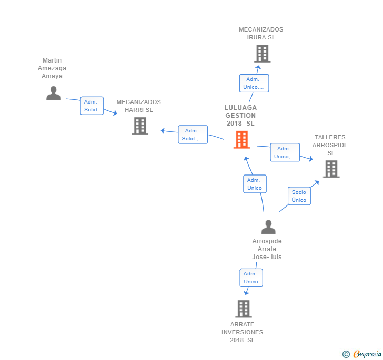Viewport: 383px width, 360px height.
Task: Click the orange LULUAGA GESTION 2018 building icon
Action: tap(241, 140)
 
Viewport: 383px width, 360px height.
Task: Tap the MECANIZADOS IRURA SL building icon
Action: tap(262, 54)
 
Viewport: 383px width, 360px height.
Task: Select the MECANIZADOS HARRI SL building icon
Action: tap(140, 126)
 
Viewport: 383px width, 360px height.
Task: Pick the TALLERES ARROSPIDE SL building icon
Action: tap(331, 169)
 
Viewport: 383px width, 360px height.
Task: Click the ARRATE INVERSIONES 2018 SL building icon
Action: tap(243, 309)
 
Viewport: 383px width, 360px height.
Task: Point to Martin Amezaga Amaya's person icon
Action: tap(53, 93)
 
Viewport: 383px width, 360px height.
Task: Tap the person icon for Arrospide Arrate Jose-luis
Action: tap(268, 227)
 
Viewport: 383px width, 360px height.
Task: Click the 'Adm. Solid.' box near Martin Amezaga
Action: tap(92, 106)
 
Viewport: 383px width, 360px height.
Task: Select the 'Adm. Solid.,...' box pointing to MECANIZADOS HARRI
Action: tap(193, 135)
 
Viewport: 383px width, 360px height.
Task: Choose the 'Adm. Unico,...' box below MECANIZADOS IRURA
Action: tap(254, 83)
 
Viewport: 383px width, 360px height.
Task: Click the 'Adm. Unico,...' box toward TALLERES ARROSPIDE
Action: tap(285, 152)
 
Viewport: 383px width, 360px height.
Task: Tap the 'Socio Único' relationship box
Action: tap(299, 196)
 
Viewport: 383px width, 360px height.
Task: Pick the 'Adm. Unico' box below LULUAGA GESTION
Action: tap(255, 184)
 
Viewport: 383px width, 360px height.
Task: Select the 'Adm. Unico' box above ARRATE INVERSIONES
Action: tap(251, 277)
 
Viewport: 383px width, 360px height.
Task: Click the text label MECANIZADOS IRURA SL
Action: tap(261, 34)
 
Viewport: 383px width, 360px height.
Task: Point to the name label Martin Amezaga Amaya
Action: tap(52, 68)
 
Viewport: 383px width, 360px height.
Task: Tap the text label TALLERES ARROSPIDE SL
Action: tap(330, 145)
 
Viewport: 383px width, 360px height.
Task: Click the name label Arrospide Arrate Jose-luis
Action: tap(267, 249)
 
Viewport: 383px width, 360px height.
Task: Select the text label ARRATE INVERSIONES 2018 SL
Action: tap(243, 332)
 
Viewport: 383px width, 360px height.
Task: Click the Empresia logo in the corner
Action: tap(362, 354)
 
